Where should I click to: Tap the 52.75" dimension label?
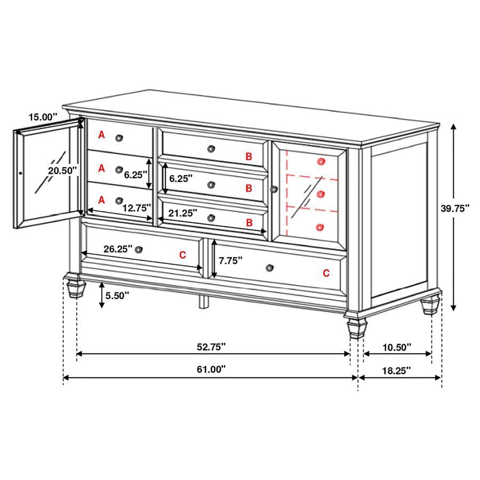pyautogui.click(x=211, y=347)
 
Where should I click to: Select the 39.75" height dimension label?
pyautogui.click(x=454, y=209)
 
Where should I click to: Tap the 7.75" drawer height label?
pyautogui.click(x=230, y=260)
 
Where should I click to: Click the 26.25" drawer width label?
pyautogui.click(x=118, y=249)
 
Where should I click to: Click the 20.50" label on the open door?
pyautogui.click(x=62, y=171)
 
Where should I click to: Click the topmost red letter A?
pyautogui.click(x=101, y=136)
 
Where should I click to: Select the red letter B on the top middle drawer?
pyautogui.click(x=248, y=156)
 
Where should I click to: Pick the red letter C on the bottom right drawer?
pyautogui.click(x=326, y=273)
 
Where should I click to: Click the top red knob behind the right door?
pyautogui.click(x=321, y=161)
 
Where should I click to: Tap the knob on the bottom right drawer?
pyautogui.click(x=269, y=267)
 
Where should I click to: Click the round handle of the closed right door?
pyautogui.click(x=274, y=189)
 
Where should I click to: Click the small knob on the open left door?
pyautogui.click(x=20, y=173)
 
